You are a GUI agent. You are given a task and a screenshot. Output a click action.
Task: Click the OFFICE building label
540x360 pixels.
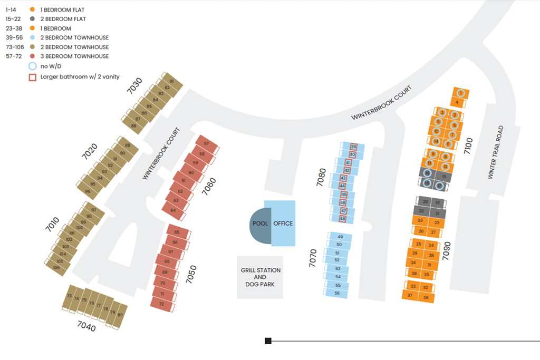tap(283, 223)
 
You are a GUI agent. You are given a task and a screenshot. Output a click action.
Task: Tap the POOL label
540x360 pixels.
tap(261, 223)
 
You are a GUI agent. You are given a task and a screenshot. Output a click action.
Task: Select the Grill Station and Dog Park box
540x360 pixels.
tap(260, 277)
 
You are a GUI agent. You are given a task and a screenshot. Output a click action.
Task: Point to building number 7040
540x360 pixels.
tap(86, 327)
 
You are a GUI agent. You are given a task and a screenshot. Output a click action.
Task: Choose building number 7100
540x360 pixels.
tap(468, 145)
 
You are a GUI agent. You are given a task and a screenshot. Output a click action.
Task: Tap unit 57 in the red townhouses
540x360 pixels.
tap(206, 143)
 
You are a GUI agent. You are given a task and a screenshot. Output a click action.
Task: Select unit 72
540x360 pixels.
tap(161, 304)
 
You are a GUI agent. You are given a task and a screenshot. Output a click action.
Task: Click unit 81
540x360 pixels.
tap(172, 81)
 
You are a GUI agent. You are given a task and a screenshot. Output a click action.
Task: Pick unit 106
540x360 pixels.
tap(56, 267)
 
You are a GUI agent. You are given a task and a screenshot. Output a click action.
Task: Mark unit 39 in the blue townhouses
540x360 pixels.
tap(353, 147)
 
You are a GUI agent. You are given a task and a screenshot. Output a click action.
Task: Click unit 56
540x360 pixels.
tap(337, 293)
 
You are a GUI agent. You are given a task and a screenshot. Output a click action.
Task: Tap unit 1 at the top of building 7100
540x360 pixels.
tap(460, 93)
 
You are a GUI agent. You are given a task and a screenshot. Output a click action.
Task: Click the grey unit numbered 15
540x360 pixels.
tap(444, 177)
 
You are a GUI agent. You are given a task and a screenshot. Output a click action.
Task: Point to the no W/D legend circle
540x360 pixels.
tap(32, 66)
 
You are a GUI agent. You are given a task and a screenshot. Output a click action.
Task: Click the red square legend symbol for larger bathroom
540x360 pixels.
tap(32, 77)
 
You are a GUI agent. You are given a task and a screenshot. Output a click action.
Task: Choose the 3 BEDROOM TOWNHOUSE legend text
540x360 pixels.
tap(74, 56)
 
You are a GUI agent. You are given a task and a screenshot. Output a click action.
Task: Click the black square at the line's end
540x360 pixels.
tap(268, 341)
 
